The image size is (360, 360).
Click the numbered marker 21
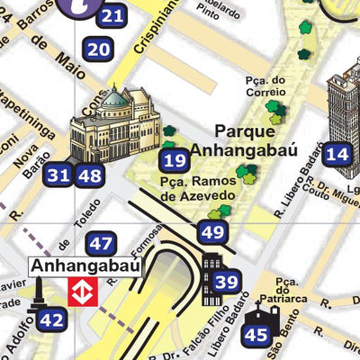click(x=112, y=15)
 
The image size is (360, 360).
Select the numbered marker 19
click(x=175, y=161)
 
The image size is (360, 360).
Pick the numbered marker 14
click(x=337, y=154)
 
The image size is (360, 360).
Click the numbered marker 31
click(x=59, y=175)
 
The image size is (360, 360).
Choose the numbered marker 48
click(x=89, y=175)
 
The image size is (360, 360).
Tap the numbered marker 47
click(x=101, y=242)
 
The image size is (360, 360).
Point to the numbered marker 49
click(x=212, y=233)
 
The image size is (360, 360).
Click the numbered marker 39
click(x=228, y=283)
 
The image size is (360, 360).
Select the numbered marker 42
click(x=52, y=319)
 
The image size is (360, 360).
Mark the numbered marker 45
click(x=256, y=336)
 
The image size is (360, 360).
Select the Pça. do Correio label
click(x=265, y=85)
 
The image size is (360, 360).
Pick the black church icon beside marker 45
click(x=267, y=316)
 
